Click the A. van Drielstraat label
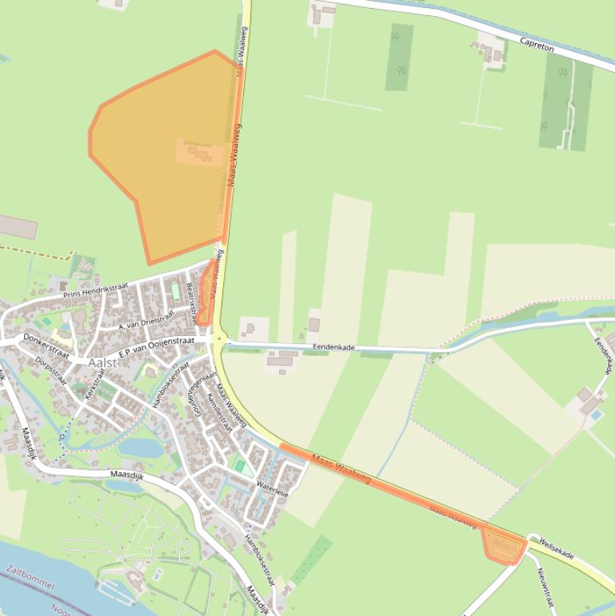tap(146, 322)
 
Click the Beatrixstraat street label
tap(192, 302)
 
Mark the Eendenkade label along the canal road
tap(333, 346)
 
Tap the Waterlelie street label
tap(272, 489)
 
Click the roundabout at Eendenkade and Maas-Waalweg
tap(219, 339)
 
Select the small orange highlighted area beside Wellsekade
tap(502, 547)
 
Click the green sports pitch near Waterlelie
tap(240, 465)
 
